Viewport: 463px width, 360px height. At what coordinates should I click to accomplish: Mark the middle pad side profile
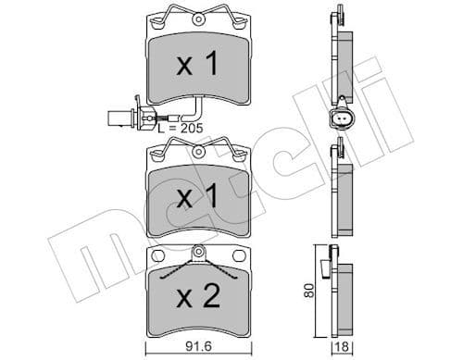pos(342,190)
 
